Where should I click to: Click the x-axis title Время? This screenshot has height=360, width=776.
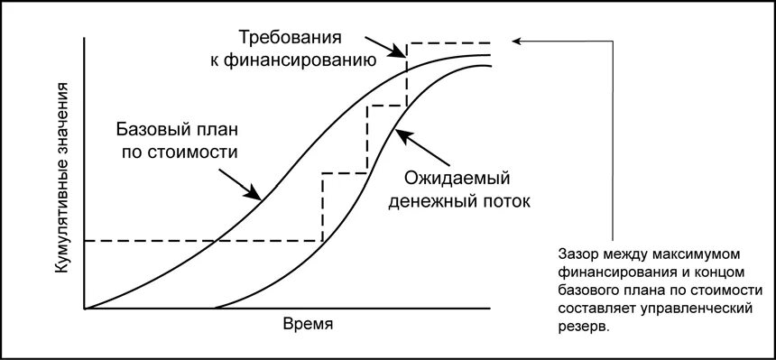(x=309, y=324)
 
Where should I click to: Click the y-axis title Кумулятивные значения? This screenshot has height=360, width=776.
(x=63, y=177)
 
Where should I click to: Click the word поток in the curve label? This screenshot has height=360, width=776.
(x=505, y=200)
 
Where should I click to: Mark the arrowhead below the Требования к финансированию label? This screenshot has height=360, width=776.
(x=402, y=51)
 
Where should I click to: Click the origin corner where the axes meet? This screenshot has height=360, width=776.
(x=84, y=309)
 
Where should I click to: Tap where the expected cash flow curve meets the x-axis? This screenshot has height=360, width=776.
(x=214, y=309)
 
